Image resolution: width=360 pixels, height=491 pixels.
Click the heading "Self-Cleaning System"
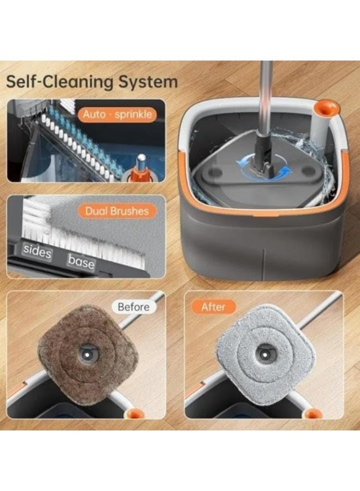point(92,82)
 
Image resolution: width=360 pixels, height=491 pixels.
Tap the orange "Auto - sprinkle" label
point(117,115)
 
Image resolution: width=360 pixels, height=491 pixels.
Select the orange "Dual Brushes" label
point(117,211)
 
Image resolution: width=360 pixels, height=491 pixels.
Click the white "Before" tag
point(134,307)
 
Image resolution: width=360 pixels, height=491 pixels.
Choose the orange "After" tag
point(213,307)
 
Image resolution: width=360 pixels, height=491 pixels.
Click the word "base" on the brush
point(81,261)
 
